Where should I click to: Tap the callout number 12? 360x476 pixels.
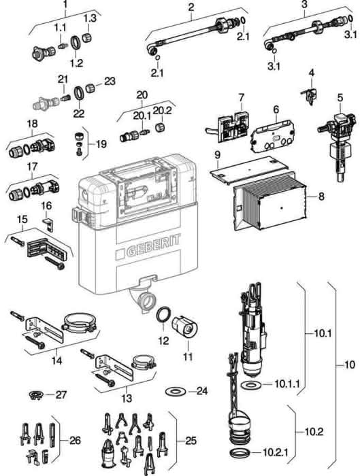point(163,340)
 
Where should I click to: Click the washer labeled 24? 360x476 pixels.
point(176,391)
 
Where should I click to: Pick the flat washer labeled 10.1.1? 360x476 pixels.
point(251,385)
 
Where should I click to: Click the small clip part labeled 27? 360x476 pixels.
point(36,396)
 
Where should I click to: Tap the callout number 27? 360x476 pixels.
point(62,395)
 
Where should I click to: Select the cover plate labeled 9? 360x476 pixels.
point(248,169)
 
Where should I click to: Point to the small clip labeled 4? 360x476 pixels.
point(309,96)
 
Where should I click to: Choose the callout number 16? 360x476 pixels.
point(47,206)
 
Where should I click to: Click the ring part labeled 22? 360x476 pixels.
point(79,92)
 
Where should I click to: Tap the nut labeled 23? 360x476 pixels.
point(89,88)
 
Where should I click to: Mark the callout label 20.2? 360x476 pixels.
point(162,110)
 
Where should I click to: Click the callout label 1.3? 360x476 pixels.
point(90,18)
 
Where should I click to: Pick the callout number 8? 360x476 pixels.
point(321,197)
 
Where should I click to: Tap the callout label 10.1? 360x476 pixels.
point(323,334)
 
